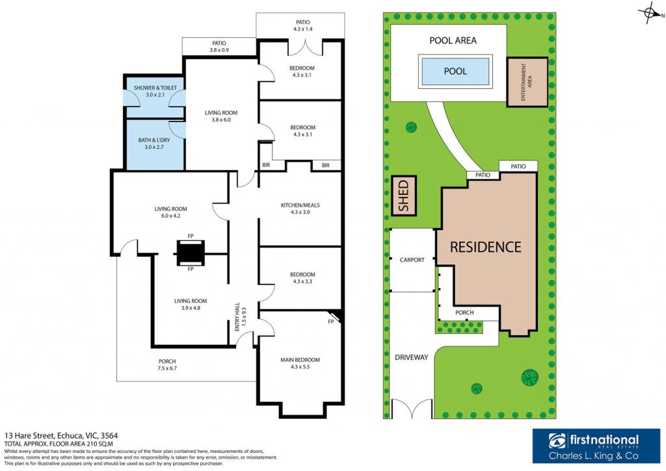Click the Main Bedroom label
[300, 363]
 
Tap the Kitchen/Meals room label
[300, 209]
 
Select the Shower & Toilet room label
[155, 91]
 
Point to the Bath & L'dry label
[153, 144]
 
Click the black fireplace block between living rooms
[191, 253]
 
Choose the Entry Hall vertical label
[241, 317]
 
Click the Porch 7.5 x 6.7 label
[167, 365]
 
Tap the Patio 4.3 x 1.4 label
[303, 25]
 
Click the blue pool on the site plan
[455, 71]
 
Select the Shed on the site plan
[403, 196]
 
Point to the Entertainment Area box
[527, 82]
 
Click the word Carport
[412, 260]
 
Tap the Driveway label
[411, 357]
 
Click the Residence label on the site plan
[485, 247]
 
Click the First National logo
[596, 446]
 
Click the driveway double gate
[412, 409]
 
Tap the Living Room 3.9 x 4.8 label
[191, 304]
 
